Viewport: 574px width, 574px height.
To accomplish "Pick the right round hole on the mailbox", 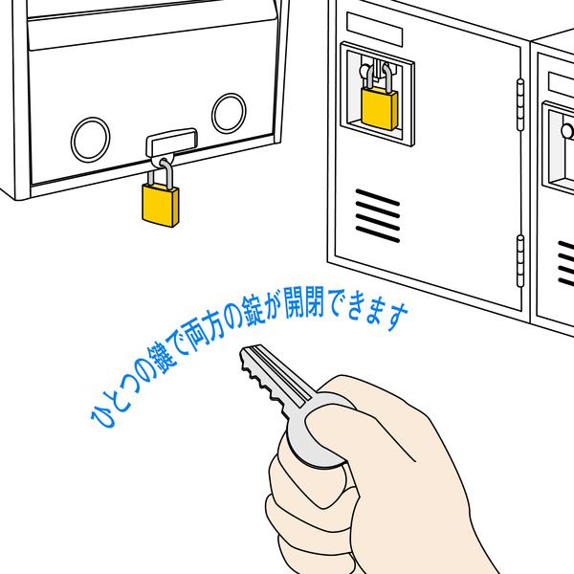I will pyautogui.click(x=230, y=113).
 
